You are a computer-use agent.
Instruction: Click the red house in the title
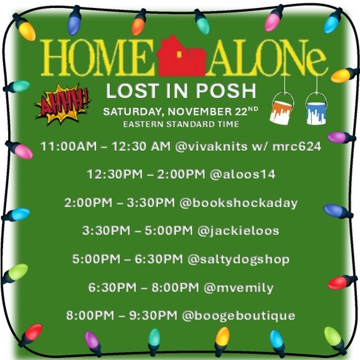click(181, 58)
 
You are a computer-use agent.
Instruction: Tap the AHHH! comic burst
click(63, 104)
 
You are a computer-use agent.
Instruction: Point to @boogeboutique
click(238, 315)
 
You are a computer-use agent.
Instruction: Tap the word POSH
click(228, 91)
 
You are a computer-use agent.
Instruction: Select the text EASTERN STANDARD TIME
click(181, 124)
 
